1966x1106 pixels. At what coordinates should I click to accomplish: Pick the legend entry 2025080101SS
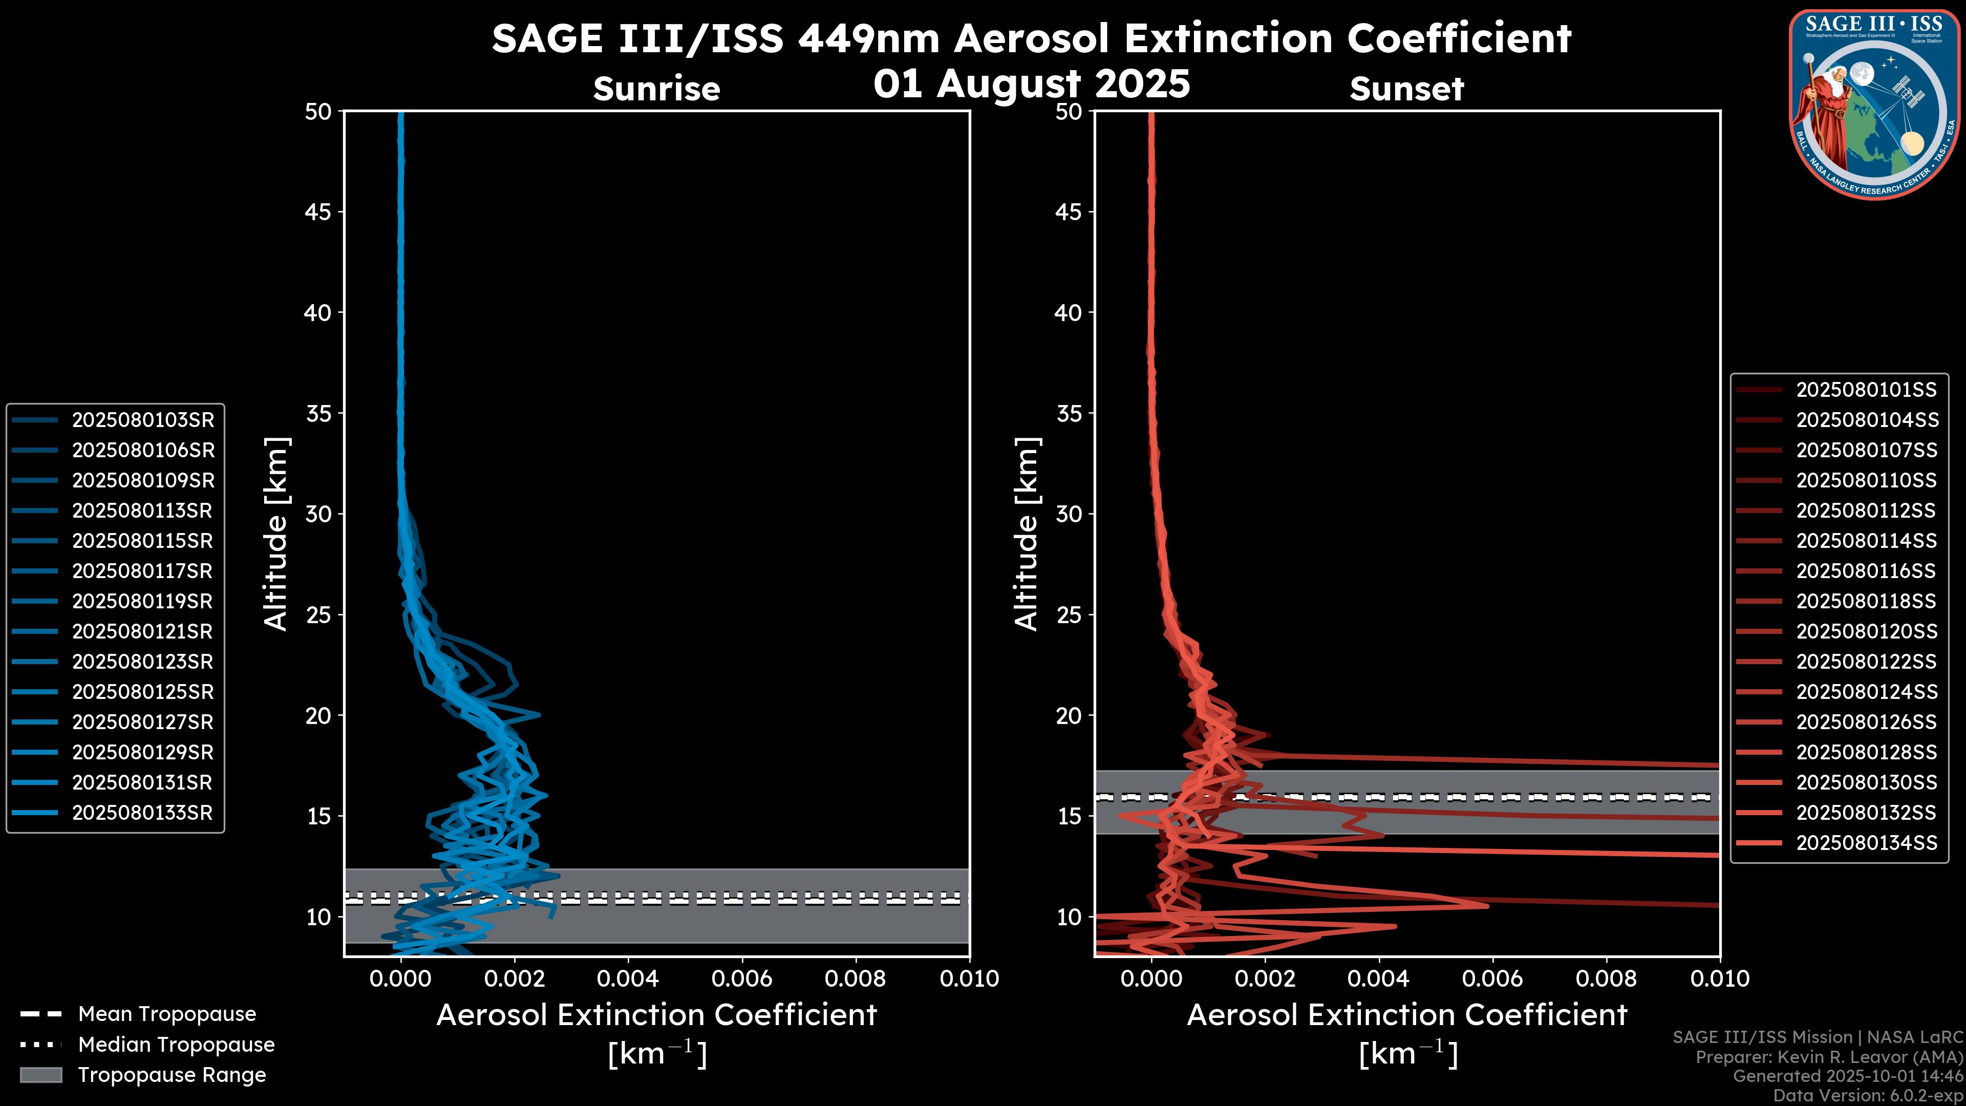click(1866, 390)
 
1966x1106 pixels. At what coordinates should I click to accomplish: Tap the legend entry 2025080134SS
click(1866, 843)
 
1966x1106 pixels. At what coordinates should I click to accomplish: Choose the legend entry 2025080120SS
click(1866, 631)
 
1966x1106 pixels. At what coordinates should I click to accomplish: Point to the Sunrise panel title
click(656, 89)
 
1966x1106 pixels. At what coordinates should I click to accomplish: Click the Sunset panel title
click(1406, 89)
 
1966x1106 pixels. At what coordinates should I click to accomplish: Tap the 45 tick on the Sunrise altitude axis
click(318, 211)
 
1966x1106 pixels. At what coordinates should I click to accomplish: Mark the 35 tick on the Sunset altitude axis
click(1069, 413)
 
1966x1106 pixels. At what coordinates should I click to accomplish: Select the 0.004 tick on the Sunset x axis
click(1378, 979)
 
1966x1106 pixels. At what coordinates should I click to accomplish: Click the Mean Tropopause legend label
click(167, 1014)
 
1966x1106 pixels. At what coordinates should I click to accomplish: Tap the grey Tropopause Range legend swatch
click(40, 1075)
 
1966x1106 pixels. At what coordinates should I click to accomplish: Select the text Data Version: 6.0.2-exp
click(1868, 1095)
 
